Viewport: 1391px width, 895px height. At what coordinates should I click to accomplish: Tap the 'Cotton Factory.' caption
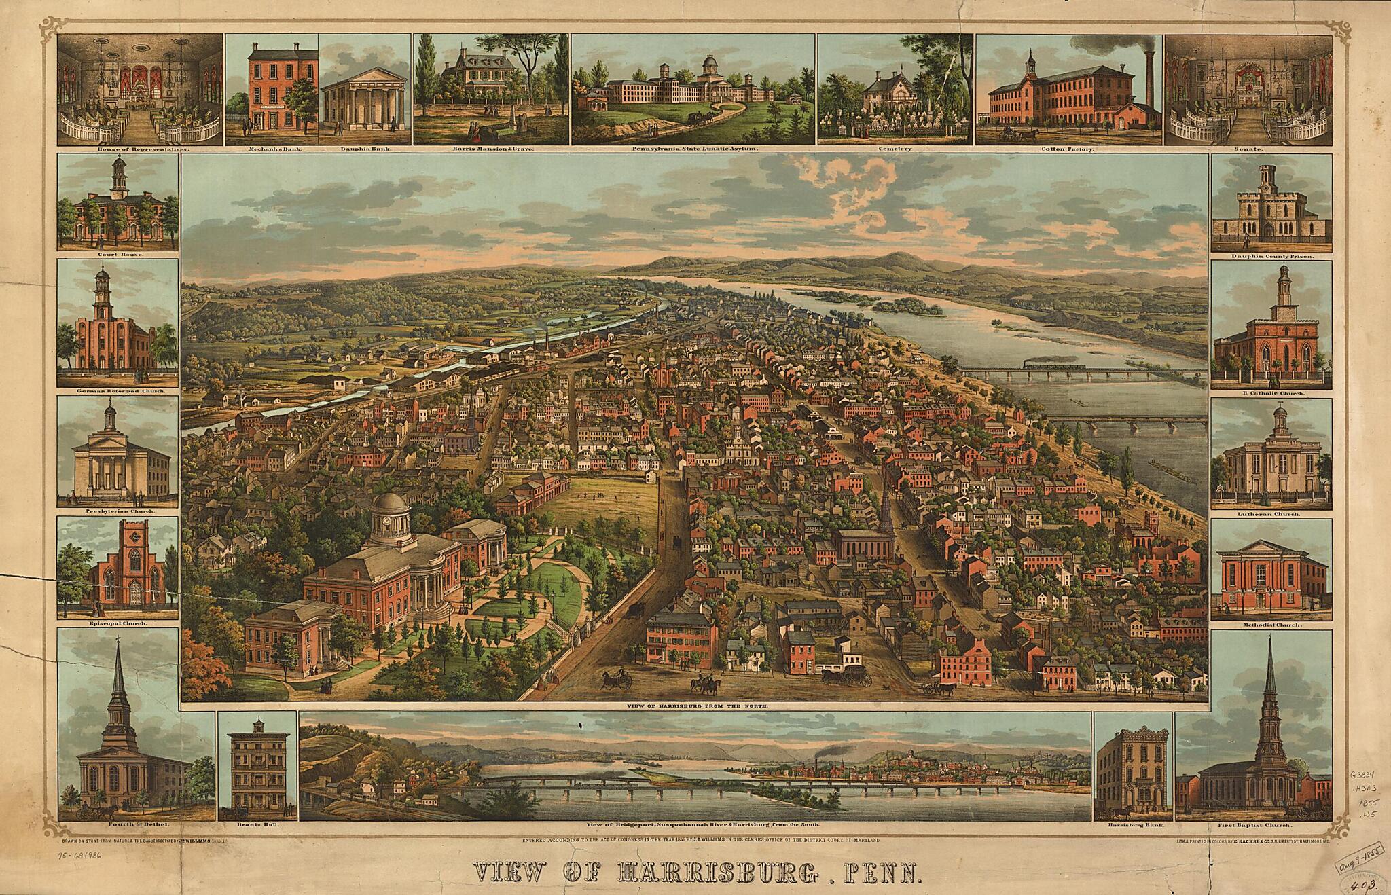coord(1072,148)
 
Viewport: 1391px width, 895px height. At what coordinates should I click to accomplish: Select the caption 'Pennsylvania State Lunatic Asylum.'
coord(693,148)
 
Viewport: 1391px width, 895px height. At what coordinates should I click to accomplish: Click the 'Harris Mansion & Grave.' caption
coord(491,148)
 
